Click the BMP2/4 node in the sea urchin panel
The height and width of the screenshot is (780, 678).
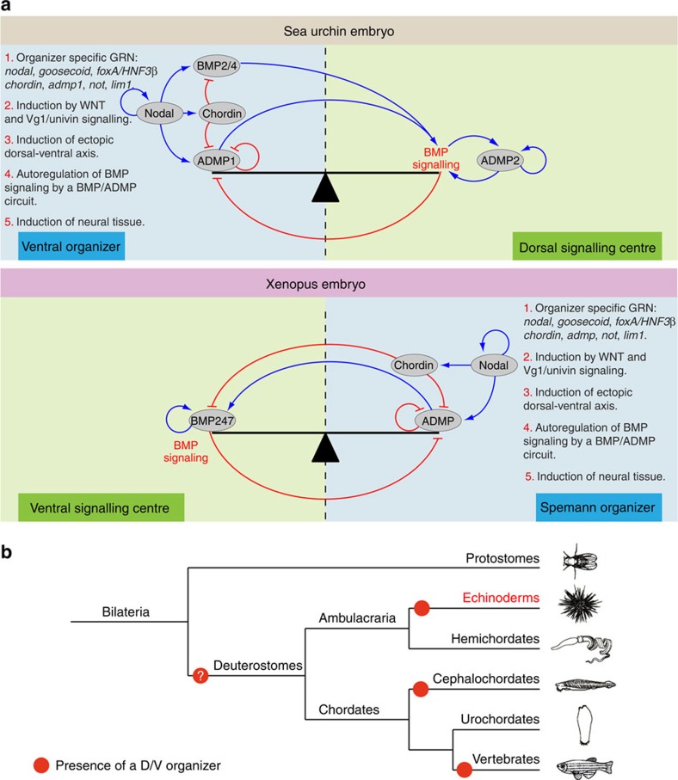217,65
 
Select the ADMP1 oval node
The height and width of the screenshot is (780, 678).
216,161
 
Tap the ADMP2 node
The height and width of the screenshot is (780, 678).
500,161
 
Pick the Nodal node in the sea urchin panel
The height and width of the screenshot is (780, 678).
159,114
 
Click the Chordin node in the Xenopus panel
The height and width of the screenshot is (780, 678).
414,365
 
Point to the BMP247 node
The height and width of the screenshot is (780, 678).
212,421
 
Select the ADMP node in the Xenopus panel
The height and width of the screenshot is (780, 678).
438,421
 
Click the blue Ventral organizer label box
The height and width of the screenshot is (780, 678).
71,247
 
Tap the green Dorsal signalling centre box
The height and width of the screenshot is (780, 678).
588,247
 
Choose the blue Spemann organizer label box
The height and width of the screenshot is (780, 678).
598,507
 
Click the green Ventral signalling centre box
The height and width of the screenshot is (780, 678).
101,507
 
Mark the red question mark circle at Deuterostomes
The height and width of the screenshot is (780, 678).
200,676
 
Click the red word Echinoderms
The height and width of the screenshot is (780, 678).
501,598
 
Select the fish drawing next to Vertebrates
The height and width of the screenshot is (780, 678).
584,766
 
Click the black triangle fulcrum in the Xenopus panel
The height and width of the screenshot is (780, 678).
325,448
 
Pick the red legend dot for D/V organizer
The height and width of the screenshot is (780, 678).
41,765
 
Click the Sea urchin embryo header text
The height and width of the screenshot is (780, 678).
339,31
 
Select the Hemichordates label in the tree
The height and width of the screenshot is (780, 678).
496,639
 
